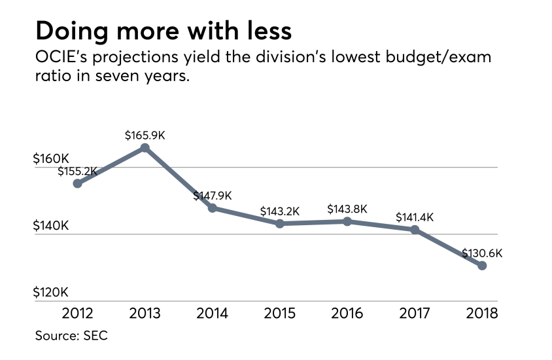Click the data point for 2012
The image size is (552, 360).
click(78, 183)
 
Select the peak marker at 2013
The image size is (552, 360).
click(145, 148)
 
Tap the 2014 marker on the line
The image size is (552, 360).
click(213, 208)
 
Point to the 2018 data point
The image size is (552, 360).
click(482, 265)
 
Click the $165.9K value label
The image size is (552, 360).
click(145, 135)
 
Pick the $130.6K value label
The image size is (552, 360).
click(482, 253)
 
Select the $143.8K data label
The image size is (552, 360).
click(347, 209)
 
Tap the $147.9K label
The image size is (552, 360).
click(213, 196)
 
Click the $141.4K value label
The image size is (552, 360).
click(415, 217)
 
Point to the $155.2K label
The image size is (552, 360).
click(78, 171)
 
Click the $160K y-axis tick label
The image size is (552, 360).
click(51, 159)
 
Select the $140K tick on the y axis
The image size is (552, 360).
click(51, 226)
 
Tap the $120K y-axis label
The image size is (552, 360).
click(51, 293)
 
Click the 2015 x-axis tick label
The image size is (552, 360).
click(280, 313)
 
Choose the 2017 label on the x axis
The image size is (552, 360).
click(415, 313)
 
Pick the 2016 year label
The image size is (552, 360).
click(347, 313)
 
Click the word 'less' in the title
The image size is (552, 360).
click(260, 31)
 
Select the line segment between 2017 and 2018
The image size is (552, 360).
click(449, 247)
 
